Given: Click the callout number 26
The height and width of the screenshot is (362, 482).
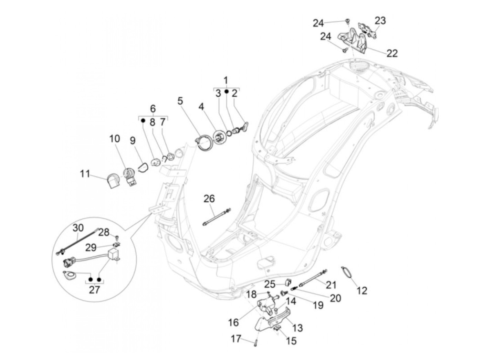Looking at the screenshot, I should coord(209,199).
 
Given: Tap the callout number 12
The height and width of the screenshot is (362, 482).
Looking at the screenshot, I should coord(361,290).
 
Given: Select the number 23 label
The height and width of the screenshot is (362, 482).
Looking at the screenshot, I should coord(380,21).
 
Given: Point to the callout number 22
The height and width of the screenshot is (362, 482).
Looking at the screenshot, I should coord(392,53).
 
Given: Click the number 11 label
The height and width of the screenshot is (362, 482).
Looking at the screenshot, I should coord(85,174).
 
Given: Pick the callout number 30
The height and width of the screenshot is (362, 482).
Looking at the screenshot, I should coord(78,228).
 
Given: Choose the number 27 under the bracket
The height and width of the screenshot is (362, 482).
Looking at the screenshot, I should coord(94,289).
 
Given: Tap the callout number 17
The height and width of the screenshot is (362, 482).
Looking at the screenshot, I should coord(236,339).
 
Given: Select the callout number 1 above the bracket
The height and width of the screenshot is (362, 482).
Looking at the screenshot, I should coord(226,81).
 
